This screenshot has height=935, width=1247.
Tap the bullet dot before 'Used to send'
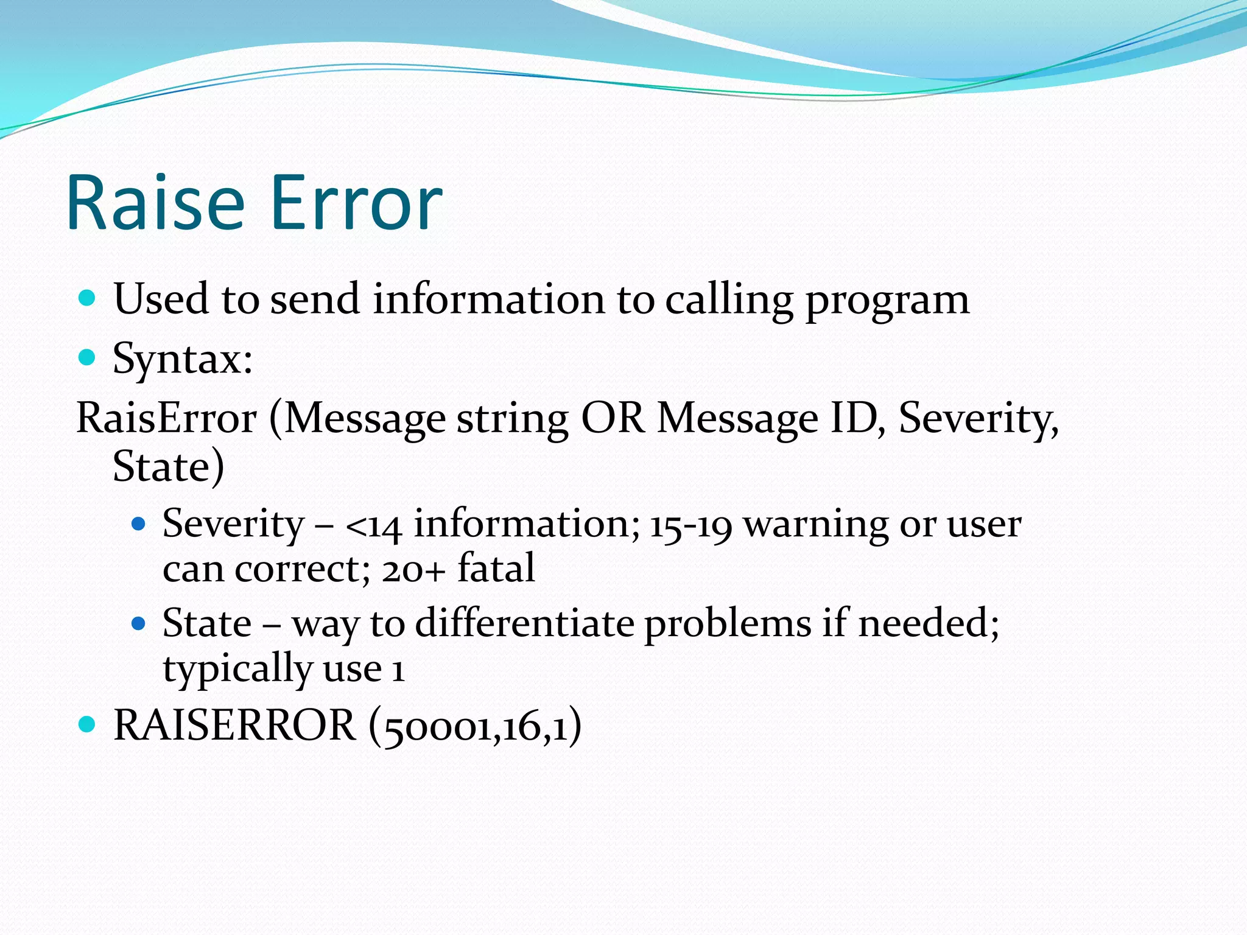coord(88,298)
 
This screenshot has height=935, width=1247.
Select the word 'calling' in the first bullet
coord(729,300)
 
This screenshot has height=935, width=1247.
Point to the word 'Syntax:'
coord(183,359)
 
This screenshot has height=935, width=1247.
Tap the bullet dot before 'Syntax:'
coord(88,357)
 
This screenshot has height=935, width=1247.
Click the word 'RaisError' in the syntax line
coord(166,419)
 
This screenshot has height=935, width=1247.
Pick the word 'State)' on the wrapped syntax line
coord(169,466)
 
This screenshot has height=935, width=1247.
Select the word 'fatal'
coord(496,569)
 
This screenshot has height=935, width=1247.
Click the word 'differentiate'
coord(524,623)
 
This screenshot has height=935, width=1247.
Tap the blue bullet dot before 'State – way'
coord(139,623)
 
